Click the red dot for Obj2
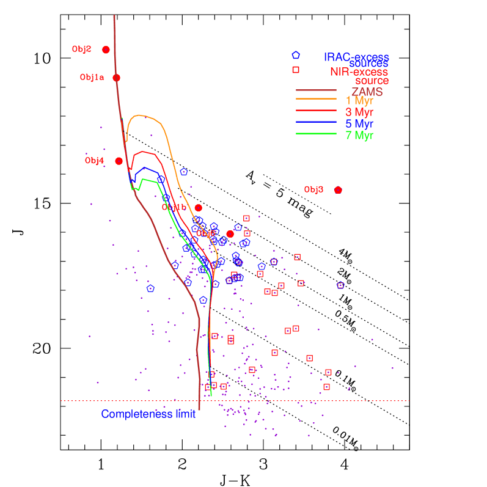pos(106,49)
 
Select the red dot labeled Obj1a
pos(116,78)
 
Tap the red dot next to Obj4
pos(119,161)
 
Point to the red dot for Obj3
pos(338,190)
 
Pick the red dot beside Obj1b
pos(198,208)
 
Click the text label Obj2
pos(81,49)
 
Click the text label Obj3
pos(313,190)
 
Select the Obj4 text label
pos(94,161)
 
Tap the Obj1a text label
pos(92,78)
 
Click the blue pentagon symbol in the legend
pos(296,55)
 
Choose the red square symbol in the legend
pos(296,70)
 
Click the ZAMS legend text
pos(367,92)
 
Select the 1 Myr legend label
pos(359,100)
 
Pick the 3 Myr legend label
pos(359,112)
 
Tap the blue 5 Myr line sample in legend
pos(317,123)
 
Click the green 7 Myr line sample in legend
pos(317,134)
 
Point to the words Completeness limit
pos(148,414)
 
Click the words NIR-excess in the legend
pos(359,72)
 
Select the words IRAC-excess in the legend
pos(356,57)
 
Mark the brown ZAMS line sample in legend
pos(317,90)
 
